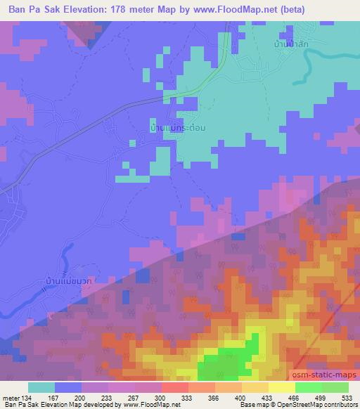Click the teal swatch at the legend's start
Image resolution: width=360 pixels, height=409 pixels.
(41, 387)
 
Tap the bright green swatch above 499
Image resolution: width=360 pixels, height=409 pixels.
(309, 387)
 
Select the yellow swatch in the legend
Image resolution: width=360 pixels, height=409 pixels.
(281, 387)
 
